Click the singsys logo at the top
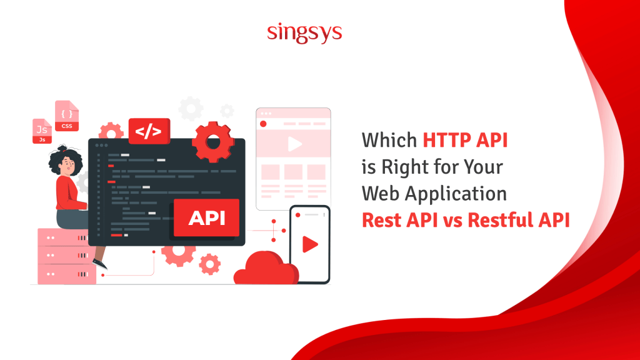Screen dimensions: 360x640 coord(304,32)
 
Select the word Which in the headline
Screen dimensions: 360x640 coord(391,140)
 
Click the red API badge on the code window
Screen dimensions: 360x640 coord(206,218)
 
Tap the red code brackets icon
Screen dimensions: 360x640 coord(149,131)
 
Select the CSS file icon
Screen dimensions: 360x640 coord(67,116)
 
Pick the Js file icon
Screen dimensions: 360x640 coord(42,131)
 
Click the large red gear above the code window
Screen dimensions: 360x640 coord(213,142)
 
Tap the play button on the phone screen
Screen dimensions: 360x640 coord(309,244)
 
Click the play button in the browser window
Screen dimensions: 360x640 coord(293,145)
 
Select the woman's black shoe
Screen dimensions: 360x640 coord(99,264)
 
